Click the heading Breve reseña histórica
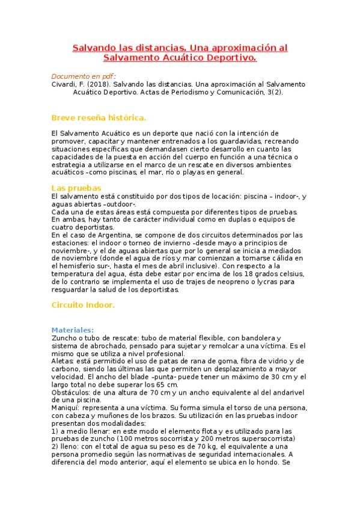point(99,117)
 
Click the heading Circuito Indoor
point(83,304)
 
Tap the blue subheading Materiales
point(72,330)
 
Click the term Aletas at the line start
point(62,361)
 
